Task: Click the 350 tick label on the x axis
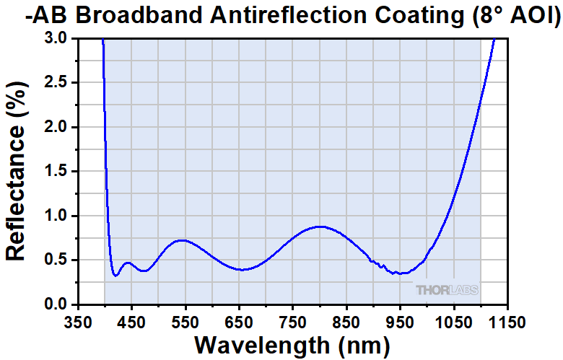[x=77, y=320]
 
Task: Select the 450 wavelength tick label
[x=131, y=320]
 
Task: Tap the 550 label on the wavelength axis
[x=185, y=320]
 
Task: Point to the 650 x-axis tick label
[x=239, y=320]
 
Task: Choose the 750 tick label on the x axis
[x=292, y=320]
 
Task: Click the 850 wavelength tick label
[x=346, y=320]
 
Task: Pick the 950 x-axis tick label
[x=400, y=320]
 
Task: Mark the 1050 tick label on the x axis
[x=454, y=320]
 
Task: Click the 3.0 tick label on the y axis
[x=56, y=38]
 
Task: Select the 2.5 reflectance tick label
[x=56, y=83]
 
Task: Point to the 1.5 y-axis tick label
[x=56, y=172]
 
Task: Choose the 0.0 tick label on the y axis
[x=56, y=304]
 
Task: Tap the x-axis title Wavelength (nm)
[x=292, y=345]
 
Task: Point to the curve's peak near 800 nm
[x=320, y=227]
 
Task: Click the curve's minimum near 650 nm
[x=243, y=270]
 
